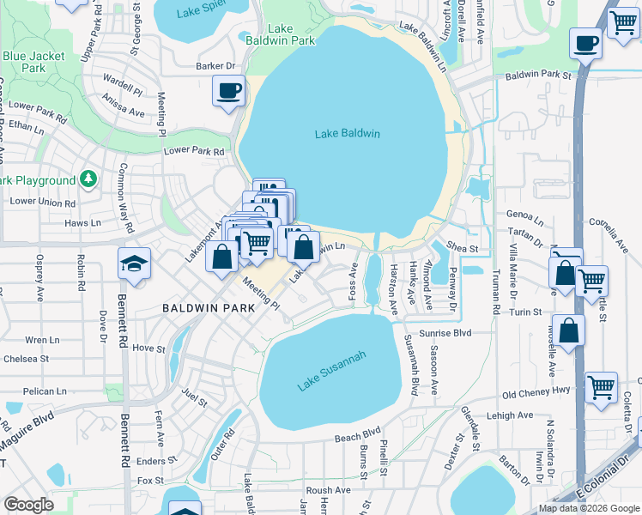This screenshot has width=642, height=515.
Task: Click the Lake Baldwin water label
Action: coord(347,134)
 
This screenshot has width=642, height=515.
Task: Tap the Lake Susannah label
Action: coord(332,372)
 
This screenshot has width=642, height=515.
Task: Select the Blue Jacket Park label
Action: coord(35,62)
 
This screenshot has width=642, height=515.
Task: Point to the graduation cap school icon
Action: coord(134,264)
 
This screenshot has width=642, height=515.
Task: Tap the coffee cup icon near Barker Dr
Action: coord(229,91)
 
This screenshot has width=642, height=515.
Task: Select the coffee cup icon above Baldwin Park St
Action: coord(586,44)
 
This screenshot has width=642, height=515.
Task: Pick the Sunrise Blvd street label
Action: coord(445,333)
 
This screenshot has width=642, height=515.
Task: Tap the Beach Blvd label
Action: coord(357,437)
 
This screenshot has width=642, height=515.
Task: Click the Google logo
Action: coord(28,505)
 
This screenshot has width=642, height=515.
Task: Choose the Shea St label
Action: coord(461,248)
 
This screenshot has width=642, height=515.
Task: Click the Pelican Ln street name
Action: coord(45,391)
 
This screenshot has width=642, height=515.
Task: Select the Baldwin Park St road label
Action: coord(538,76)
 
